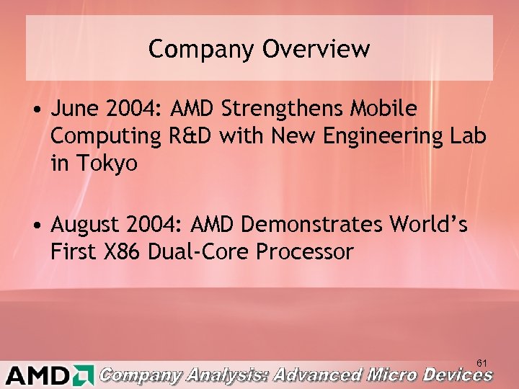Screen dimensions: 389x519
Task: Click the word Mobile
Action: (x=383, y=109)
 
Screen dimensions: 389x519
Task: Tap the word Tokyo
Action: (x=105, y=163)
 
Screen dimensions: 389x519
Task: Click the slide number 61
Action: (x=482, y=362)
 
